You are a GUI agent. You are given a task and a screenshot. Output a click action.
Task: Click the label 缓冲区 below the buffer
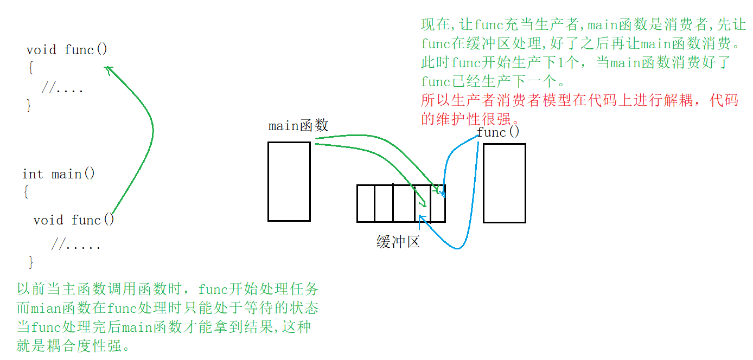click(x=398, y=242)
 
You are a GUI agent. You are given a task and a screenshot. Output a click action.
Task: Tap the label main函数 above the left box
click(x=298, y=126)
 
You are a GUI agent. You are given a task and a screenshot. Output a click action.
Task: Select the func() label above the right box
click(x=498, y=132)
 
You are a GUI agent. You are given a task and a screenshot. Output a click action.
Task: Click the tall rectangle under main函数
click(x=289, y=182)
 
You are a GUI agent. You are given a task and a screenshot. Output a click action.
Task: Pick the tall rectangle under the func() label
click(x=505, y=183)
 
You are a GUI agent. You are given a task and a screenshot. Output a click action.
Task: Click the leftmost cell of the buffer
click(x=366, y=203)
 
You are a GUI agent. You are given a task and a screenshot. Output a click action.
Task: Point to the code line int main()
click(x=59, y=174)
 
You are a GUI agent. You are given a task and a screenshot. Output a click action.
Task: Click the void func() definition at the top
click(x=67, y=50)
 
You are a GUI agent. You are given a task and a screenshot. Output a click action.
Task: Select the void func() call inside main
click(x=74, y=220)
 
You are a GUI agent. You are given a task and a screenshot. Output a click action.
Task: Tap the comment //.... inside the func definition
click(x=62, y=88)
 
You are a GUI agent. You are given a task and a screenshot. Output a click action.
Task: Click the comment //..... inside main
click(x=76, y=245)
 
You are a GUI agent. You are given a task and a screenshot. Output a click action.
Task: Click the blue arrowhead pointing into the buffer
click(x=421, y=219)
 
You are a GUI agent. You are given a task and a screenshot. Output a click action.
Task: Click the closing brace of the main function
click(x=31, y=262)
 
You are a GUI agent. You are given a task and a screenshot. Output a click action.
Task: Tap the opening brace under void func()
click(x=31, y=68)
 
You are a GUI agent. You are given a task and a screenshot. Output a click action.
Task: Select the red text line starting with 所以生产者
click(x=579, y=100)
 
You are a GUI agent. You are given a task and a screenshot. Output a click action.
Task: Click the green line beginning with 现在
click(x=584, y=24)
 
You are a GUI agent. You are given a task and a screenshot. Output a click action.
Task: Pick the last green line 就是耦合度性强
click(x=74, y=346)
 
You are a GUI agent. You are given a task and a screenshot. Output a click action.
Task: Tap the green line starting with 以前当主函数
click(x=167, y=289)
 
